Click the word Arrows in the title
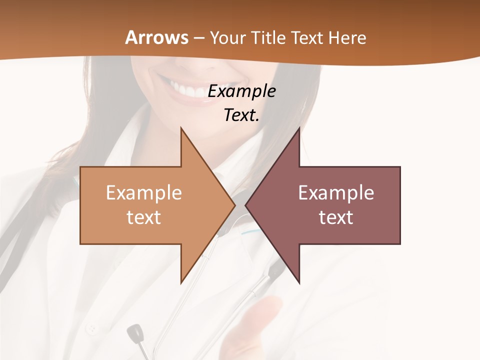156,37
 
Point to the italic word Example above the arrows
241,91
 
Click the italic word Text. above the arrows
241,115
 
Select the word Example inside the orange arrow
143,192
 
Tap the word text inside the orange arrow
143,217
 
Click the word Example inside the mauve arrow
336,192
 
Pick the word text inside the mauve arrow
336,217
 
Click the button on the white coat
92,329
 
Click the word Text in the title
306,37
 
